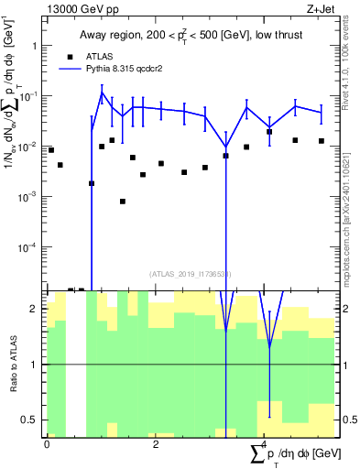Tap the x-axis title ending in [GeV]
click(295, 454)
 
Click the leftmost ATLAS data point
click(50, 149)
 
